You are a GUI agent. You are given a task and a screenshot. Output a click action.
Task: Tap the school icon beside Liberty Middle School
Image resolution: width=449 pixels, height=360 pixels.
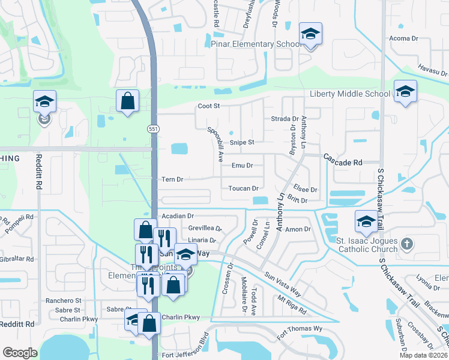[406, 92]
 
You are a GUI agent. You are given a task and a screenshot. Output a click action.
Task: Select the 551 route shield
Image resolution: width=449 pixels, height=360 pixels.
[154, 128]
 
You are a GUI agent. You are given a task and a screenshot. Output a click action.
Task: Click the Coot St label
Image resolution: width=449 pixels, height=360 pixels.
[209, 106]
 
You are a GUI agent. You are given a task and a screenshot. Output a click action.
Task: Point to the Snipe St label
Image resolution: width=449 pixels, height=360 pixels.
[243, 142]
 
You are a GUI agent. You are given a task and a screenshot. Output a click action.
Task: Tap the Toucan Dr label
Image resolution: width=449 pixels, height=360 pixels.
[243, 188]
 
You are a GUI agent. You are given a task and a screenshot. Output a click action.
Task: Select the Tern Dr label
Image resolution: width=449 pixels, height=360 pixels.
[172, 179]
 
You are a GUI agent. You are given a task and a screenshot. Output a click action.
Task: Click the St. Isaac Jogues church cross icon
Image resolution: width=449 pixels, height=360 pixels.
[407, 243]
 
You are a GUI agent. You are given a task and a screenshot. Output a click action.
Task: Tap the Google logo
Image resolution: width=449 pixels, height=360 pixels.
[20, 353]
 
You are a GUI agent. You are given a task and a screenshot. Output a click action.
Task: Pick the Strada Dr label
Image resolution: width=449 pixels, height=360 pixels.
[285, 119]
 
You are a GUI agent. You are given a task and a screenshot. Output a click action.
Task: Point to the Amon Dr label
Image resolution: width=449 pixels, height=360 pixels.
[298, 229]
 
